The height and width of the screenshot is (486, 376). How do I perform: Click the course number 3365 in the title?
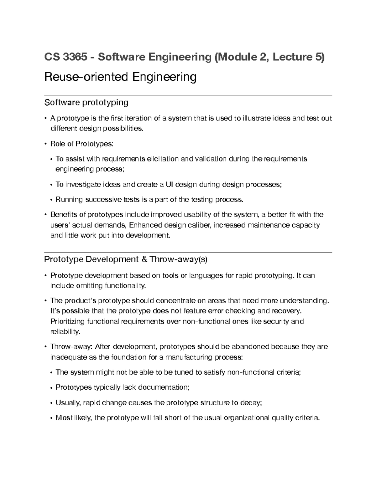75,57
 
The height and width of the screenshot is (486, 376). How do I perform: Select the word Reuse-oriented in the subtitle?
86,77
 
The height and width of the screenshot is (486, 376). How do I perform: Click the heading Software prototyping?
86,102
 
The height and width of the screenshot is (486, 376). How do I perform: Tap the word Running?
69,199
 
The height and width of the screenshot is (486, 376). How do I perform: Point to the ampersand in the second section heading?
144,259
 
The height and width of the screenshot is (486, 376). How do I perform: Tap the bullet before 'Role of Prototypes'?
46,144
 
